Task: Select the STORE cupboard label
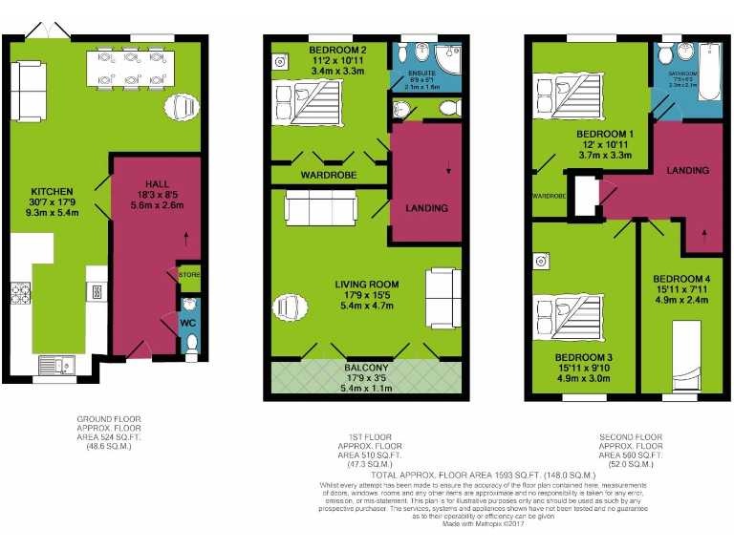188,275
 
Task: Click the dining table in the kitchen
127,69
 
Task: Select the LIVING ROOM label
366,285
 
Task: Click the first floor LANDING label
426,208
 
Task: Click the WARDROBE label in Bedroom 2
329,176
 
